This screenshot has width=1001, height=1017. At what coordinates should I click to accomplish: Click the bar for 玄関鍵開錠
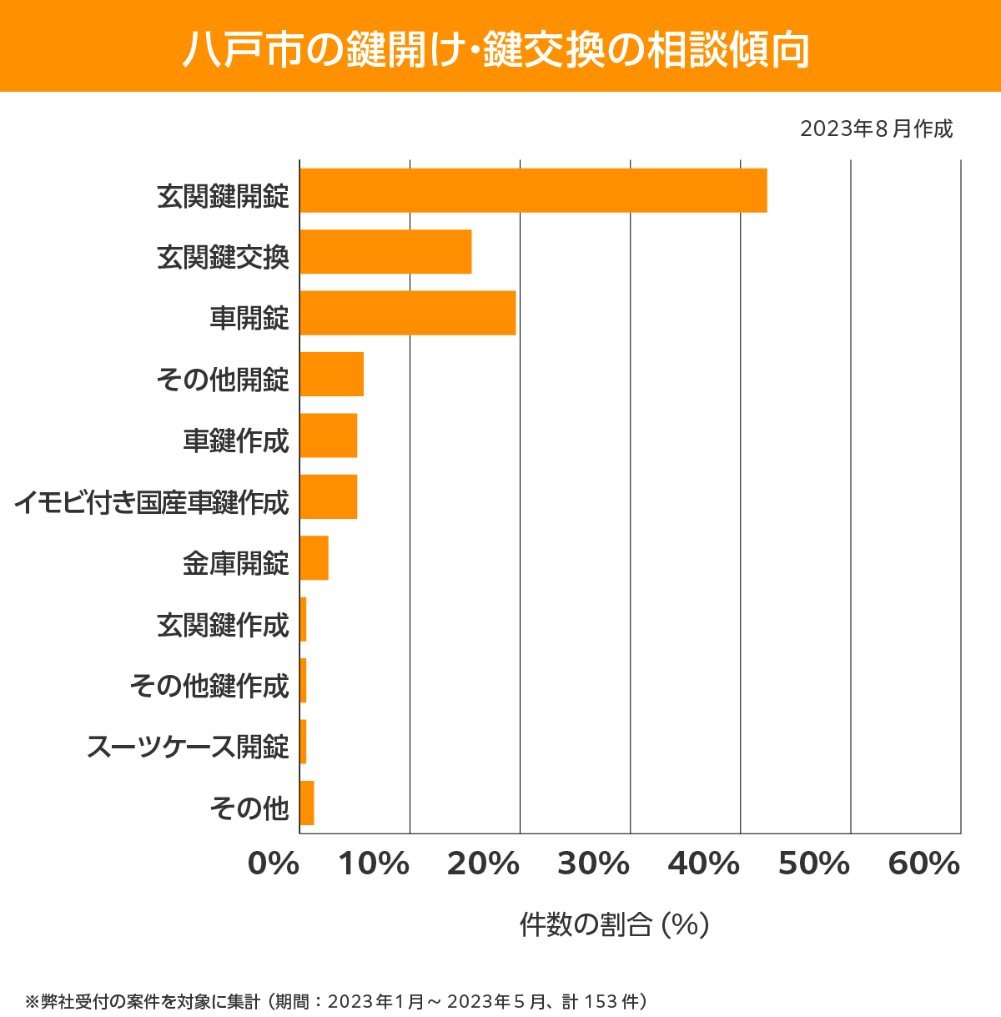point(533,190)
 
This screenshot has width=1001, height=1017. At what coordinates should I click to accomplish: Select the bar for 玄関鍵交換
point(385,251)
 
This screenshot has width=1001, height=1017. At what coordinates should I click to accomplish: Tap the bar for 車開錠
point(407,313)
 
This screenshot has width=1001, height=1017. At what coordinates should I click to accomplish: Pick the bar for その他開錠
point(331,374)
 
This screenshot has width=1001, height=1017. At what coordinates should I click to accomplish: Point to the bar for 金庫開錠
point(314,557)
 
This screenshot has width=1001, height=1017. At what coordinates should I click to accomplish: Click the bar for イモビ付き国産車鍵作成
point(328,496)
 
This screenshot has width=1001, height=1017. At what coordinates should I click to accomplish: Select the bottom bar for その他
point(306,803)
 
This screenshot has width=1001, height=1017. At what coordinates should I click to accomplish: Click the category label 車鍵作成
point(236,441)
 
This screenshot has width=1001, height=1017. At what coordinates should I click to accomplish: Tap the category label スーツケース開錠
point(188,746)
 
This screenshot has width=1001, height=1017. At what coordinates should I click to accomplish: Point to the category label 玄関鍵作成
point(223,624)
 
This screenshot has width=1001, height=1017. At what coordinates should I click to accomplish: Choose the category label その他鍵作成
point(209,685)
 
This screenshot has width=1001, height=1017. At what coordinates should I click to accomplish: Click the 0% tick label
point(274,864)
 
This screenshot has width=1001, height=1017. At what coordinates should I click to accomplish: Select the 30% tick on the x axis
point(593,864)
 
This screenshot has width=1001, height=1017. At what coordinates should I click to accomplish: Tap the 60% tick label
point(924,864)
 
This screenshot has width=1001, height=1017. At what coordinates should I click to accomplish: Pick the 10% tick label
point(374,864)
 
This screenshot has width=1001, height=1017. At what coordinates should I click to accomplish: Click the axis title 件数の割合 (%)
point(614,924)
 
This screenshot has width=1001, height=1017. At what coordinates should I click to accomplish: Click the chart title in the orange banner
point(495,49)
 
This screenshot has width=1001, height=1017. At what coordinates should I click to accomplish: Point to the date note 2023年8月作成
point(876,129)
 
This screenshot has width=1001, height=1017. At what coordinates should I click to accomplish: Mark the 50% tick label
point(813,864)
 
